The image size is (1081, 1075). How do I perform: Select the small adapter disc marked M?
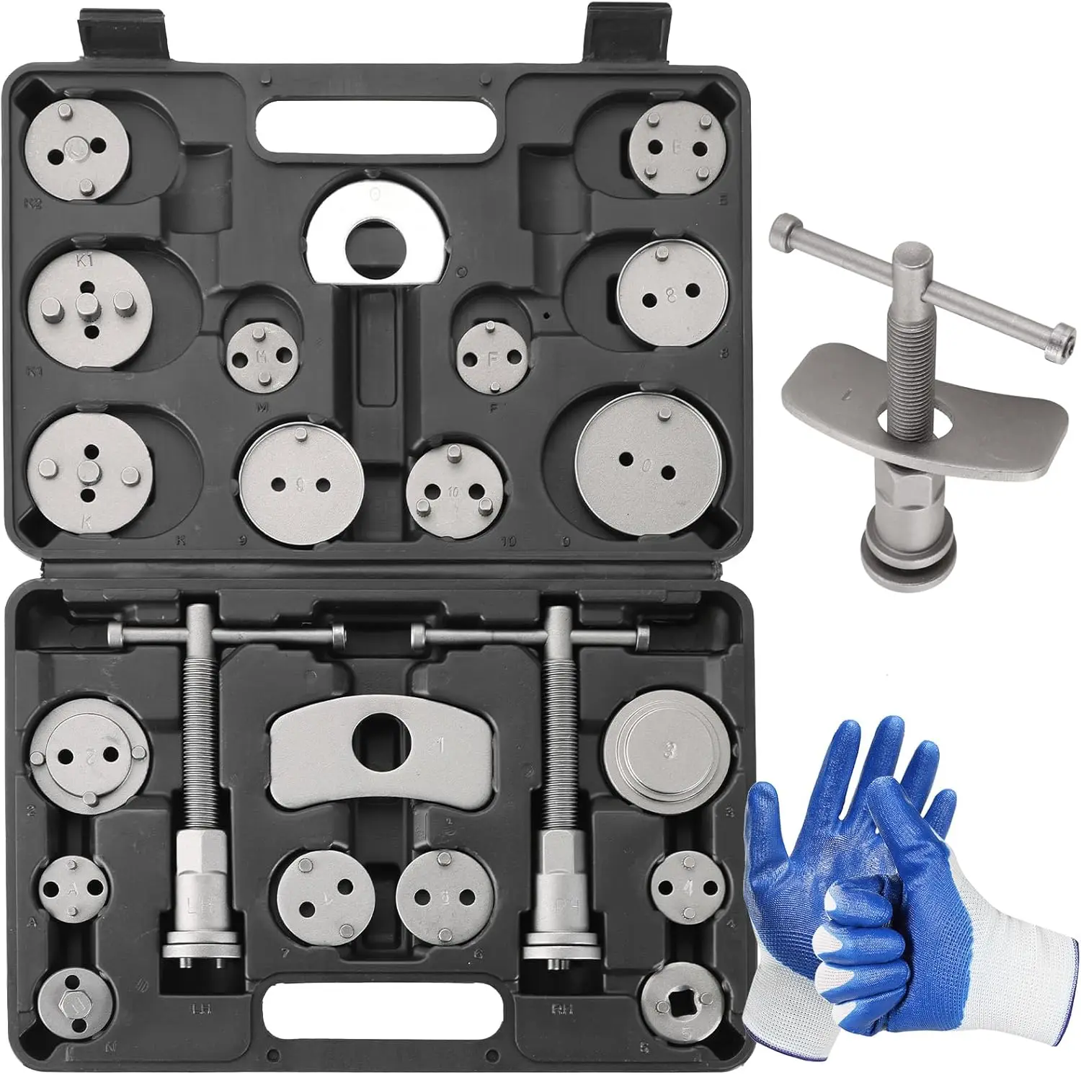[x=262, y=354]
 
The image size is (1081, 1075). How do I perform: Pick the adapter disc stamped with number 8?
[x=670, y=292]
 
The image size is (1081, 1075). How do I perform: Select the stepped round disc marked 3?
[x=669, y=750]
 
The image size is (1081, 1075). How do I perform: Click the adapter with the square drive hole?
[x=681, y=1003]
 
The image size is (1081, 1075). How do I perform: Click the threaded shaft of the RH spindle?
[x=563, y=743]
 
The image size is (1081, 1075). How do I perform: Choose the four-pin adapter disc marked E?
[x=675, y=148]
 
